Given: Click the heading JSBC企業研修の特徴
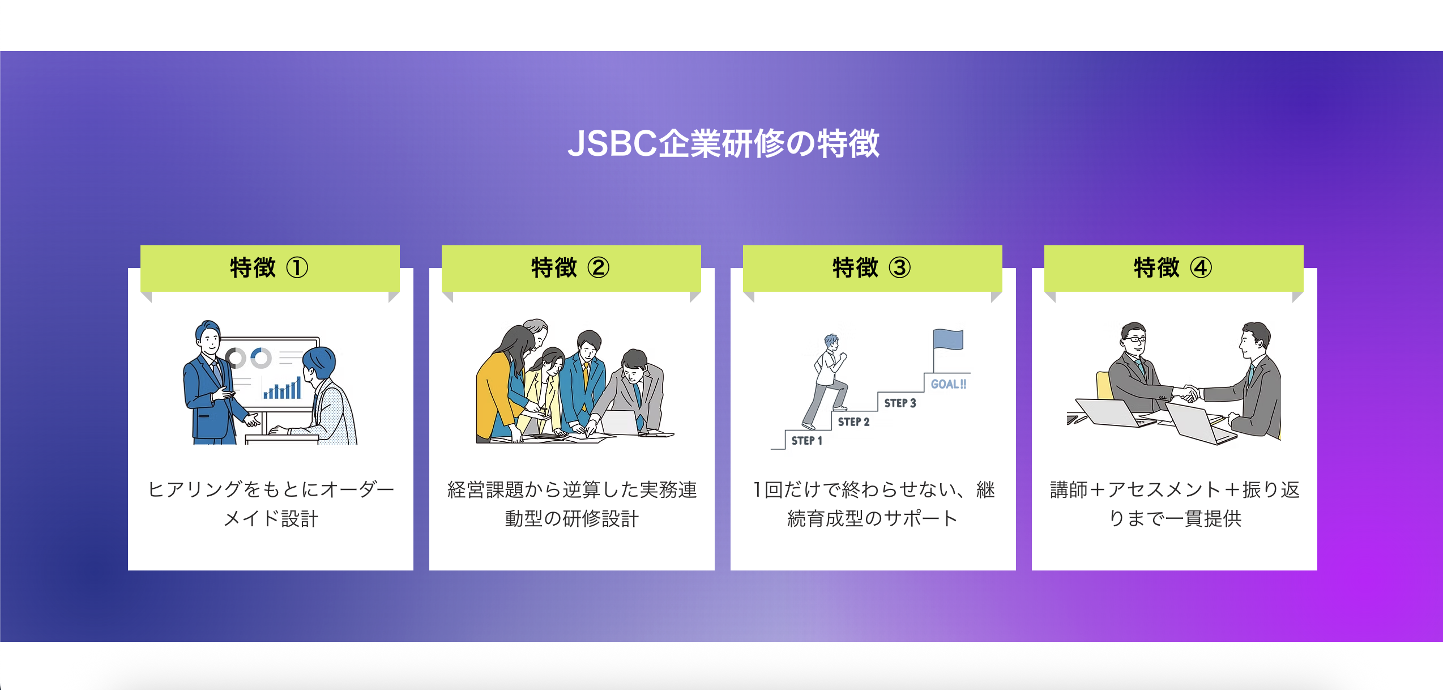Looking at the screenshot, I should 723,143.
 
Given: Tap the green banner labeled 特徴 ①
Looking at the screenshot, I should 270,268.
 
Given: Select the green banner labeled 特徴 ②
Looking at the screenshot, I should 571,268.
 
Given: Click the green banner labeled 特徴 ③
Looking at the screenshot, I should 872,268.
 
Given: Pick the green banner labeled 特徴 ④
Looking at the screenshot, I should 1173,268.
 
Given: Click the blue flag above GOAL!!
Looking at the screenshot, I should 949,340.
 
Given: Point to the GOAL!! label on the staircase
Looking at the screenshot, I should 949,384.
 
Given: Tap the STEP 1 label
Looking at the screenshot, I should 806,441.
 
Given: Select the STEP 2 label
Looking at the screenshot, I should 853,422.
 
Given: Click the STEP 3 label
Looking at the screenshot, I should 900,403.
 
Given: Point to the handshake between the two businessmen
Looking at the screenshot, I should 1189,393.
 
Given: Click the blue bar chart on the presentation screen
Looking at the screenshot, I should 282,389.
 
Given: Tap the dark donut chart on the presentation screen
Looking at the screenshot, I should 236,358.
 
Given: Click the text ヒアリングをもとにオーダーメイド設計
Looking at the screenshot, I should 271,504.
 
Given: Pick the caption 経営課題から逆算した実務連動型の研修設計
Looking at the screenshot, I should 572,504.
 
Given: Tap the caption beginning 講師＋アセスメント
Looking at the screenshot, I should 1175,504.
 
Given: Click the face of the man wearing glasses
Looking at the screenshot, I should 1134,340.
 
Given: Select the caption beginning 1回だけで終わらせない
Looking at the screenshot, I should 873,504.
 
